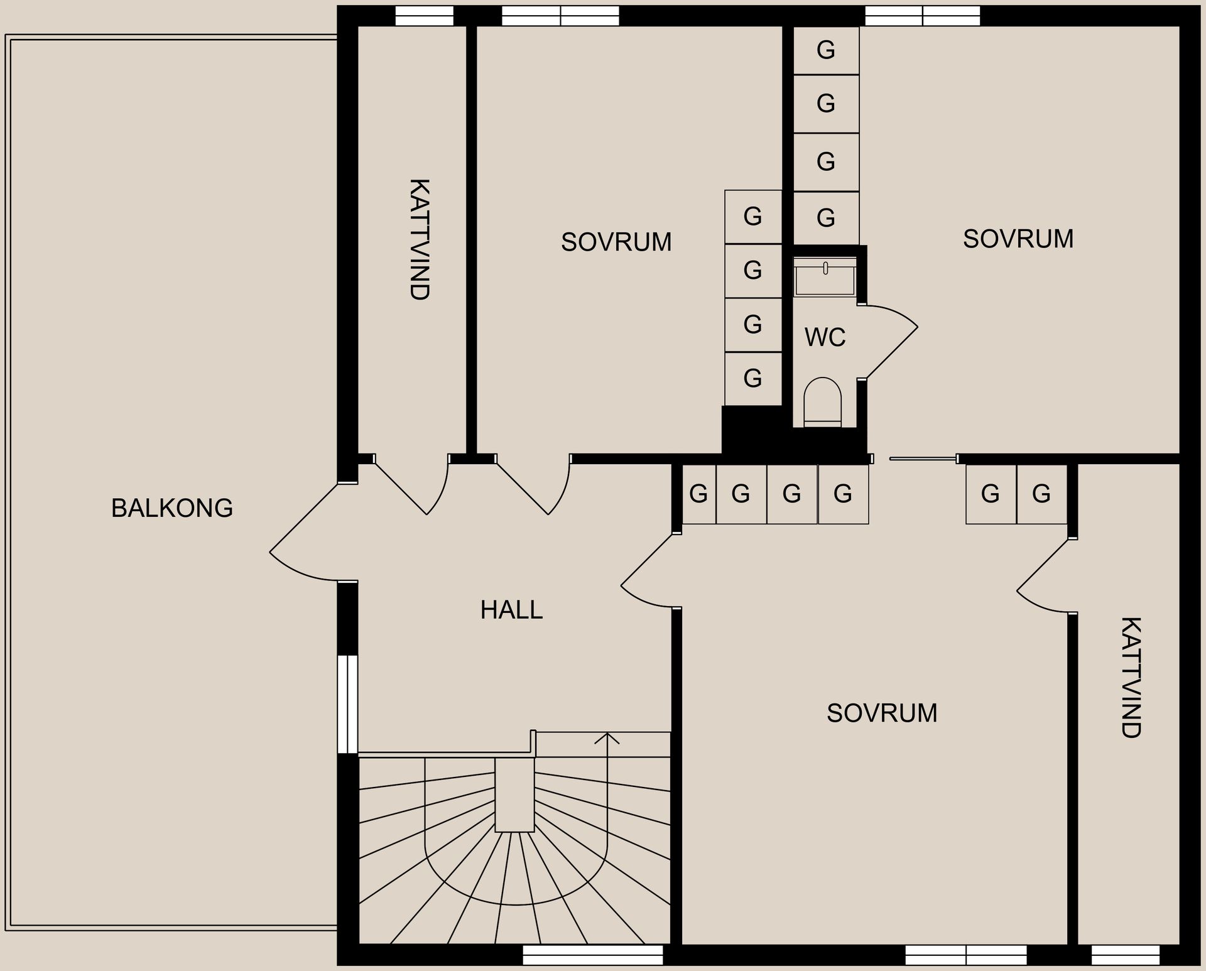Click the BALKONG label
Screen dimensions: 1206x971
click(172, 508)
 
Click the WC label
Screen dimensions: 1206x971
click(825, 338)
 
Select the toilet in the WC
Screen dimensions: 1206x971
click(823, 402)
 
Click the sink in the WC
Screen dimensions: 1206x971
click(825, 276)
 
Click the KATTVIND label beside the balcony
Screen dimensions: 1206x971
click(419, 239)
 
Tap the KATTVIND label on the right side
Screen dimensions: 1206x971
click(1131, 677)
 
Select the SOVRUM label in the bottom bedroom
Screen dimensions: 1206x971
click(882, 713)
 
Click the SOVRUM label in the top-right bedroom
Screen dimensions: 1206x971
click(1018, 239)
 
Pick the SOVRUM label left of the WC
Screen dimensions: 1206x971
click(616, 242)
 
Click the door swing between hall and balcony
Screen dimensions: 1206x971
click(295, 553)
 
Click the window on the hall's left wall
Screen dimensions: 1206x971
click(347, 704)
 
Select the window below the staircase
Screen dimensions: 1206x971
click(593, 955)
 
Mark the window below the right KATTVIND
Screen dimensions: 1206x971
click(1126, 955)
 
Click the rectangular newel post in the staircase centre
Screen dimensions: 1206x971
click(514, 795)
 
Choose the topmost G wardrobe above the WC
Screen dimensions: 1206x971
click(826, 50)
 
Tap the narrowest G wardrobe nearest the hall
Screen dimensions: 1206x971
click(698, 494)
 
